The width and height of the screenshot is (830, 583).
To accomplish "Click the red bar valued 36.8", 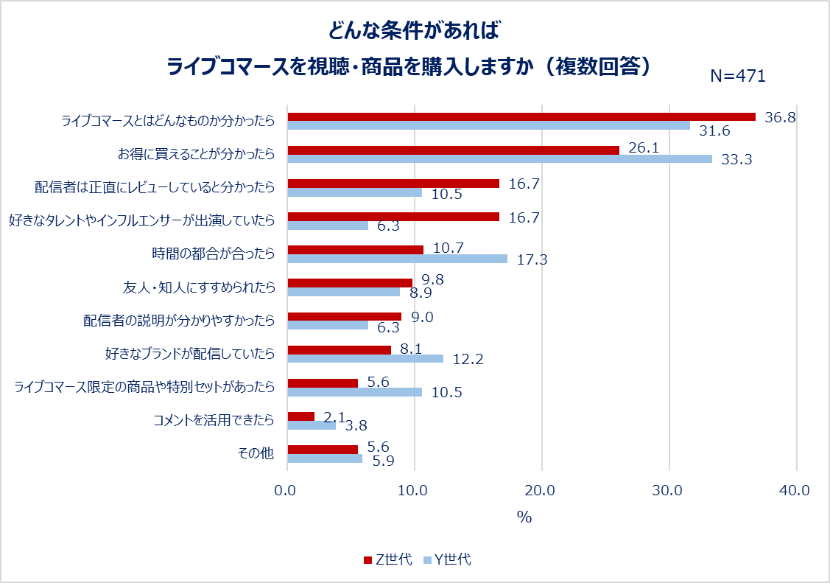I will (521, 116).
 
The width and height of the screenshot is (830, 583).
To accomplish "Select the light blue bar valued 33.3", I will (499, 158).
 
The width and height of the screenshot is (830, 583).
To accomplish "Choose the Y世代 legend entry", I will (447, 559).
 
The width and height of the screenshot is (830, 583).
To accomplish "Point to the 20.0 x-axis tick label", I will (541, 491).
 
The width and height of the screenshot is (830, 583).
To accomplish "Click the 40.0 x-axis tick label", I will (795, 491).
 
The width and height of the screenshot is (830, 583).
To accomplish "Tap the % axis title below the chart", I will (524, 517).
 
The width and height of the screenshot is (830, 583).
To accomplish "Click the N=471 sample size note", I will (738, 76).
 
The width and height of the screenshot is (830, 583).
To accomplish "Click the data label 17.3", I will (532, 259).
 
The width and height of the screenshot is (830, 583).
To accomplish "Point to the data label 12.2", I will (468, 360).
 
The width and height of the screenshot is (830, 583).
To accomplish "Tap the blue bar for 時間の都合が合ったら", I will (397, 259).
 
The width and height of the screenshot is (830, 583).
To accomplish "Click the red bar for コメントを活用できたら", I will (300, 416).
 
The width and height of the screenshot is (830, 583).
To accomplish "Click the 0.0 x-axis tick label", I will (286, 491).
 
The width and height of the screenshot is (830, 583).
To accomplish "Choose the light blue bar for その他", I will (325, 458).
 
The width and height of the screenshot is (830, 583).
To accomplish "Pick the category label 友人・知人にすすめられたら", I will (198, 287).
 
